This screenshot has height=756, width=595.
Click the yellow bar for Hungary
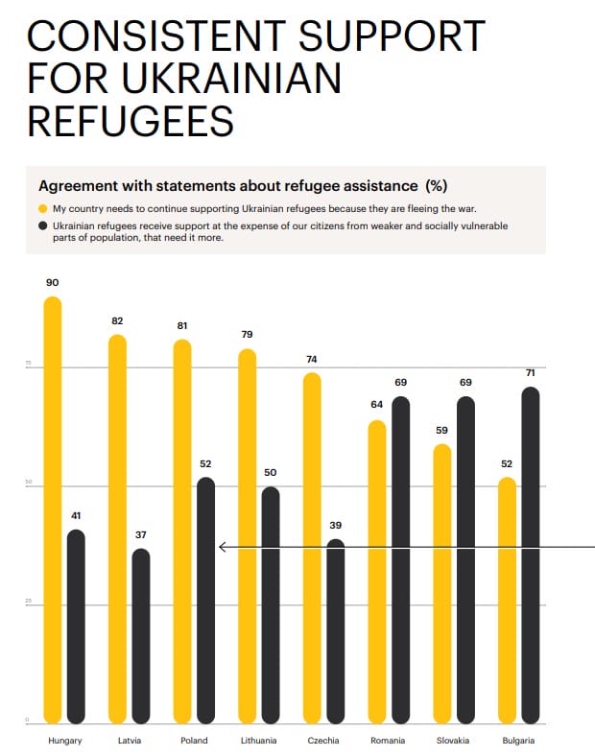53,508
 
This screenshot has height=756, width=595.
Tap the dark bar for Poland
205,600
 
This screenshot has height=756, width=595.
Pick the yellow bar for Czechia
312,547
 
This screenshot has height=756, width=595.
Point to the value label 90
52,283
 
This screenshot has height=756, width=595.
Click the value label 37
141,534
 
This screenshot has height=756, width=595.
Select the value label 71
530,372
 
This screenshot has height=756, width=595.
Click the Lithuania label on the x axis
259,741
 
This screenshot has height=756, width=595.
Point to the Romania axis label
388,741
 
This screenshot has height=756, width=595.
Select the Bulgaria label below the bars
518,741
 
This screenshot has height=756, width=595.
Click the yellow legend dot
42,208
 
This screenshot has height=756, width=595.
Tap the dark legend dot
42,225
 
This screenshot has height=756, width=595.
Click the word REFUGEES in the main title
130,121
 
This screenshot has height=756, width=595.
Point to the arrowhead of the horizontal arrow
222,547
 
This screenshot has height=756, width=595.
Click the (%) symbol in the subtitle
437,185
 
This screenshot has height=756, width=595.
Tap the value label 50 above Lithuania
271,473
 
